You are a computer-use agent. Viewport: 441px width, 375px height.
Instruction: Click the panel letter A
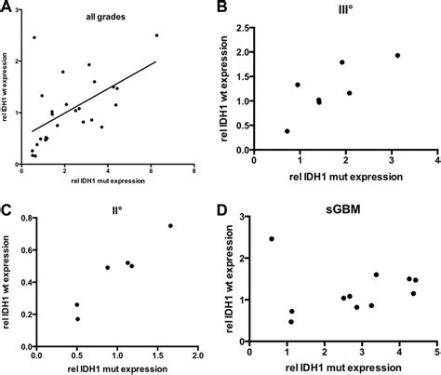coord(7,7)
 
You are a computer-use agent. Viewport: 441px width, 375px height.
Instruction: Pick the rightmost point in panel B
coord(397,55)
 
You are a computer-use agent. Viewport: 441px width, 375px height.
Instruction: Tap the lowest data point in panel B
coord(287,131)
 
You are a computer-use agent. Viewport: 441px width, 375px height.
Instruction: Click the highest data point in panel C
coord(170,225)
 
